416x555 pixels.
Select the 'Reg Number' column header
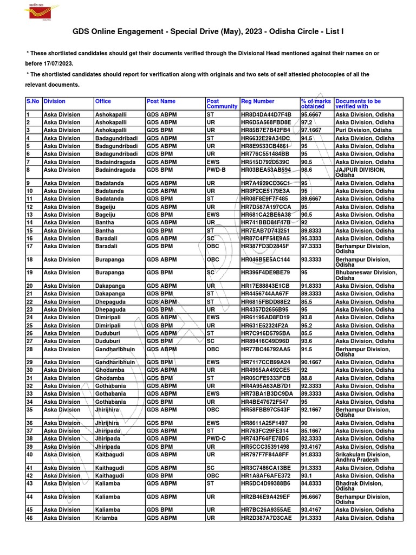pyautogui.click(x=258, y=101)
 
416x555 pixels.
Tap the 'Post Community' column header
pyautogui.click(x=222, y=104)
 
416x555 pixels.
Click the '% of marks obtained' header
pyautogui.click(x=316, y=104)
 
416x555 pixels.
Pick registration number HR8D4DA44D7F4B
pyautogui.click(x=266, y=115)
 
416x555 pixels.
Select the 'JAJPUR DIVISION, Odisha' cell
pyautogui.click(x=360, y=172)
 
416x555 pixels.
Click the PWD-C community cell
pyautogui.click(x=217, y=438)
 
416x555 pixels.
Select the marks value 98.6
pyautogui.click(x=307, y=170)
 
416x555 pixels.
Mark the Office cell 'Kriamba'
pyautogui.click(x=107, y=518)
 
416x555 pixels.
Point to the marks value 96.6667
pyautogui.click(x=312, y=496)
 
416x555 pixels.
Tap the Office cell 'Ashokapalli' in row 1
pyautogui.click(x=110, y=115)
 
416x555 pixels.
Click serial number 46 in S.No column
pyautogui.click(x=30, y=518)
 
